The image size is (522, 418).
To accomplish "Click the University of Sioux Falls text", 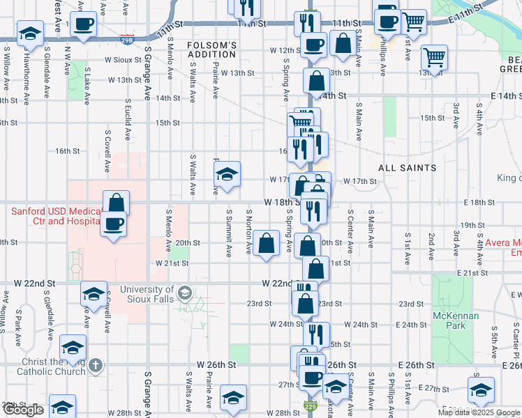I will click(147, 294).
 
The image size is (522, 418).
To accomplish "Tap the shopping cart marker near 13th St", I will click(435, 57).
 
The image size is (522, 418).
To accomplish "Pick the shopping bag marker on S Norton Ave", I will click(266, 243).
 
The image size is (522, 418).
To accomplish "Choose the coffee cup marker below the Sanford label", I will click(113, 224).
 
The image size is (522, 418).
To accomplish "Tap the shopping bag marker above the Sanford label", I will click(116, 203).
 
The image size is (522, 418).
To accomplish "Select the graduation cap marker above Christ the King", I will click(73, 346).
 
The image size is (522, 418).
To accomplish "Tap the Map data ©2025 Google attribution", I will click(478, 412).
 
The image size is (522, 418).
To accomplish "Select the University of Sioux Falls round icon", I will click(184, 292).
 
